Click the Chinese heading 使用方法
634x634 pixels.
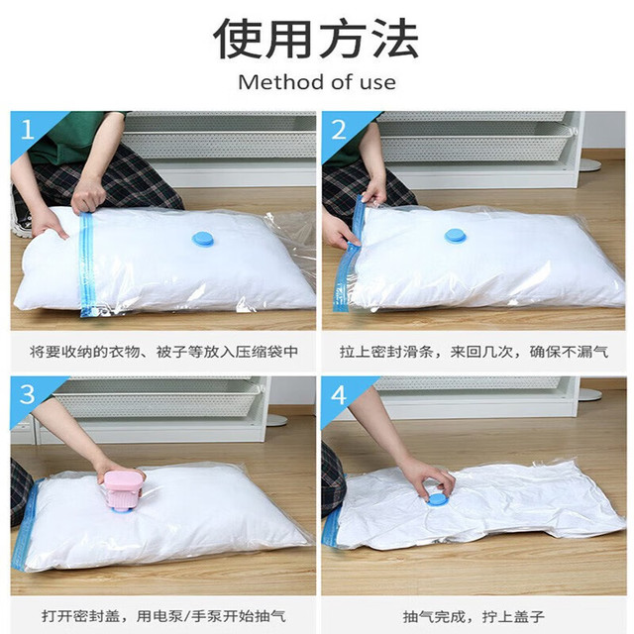coord(316,39)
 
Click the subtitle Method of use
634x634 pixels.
coord(317,82)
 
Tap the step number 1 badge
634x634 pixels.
coord(28,130)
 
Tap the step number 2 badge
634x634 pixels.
coord(339,130)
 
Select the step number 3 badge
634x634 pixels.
coord(27,394)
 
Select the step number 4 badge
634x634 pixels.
coord(339,394)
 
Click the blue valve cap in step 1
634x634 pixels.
coord(203,239)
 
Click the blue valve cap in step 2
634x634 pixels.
coord(456,236)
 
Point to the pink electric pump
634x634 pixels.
coord(123,489)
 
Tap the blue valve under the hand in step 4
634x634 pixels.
coord(437,499)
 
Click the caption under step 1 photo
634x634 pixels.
coord(164,352)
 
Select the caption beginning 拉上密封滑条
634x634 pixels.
coord(474,352)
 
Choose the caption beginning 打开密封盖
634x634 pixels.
coord(164,616)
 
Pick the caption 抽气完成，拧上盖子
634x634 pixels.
coord(474,617)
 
